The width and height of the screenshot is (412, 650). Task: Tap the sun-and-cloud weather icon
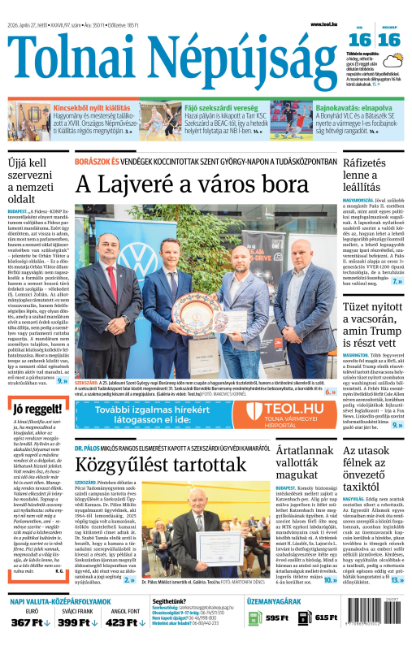(x=396, y=61)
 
